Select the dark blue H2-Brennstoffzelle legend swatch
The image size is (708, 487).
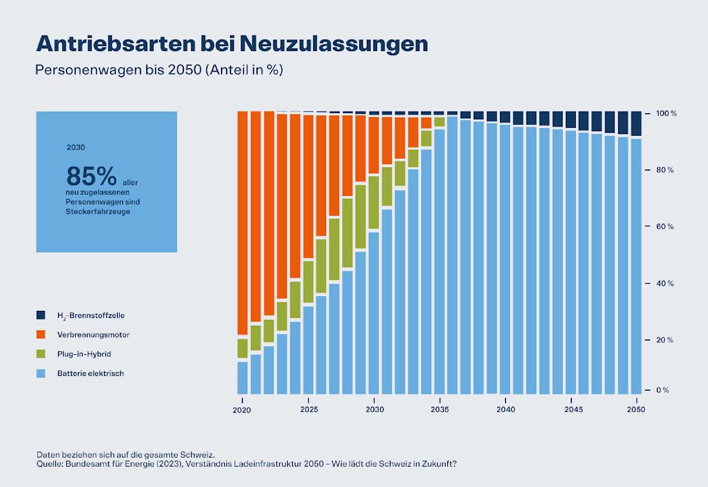click(x=40, y=315)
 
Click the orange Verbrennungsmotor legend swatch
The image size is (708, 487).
click(x=40, y=334)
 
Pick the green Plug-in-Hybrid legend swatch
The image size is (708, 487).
click(x=40, y=354)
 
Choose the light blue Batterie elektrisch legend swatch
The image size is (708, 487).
click(x=40, y=373)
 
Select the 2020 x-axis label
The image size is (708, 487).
click(x=242, y=409)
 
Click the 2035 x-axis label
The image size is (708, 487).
click(x=440, y=409)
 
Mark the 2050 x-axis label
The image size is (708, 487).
click(x=636, y=409)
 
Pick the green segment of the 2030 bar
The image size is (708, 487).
click(x=374, y=202)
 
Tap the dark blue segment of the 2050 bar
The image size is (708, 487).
click(x=636, y=123)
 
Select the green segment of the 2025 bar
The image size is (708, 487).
click(x=308, y=282)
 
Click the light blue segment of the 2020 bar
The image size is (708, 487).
click(x=242, y=377)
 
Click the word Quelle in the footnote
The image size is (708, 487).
click(x=49, y=464)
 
